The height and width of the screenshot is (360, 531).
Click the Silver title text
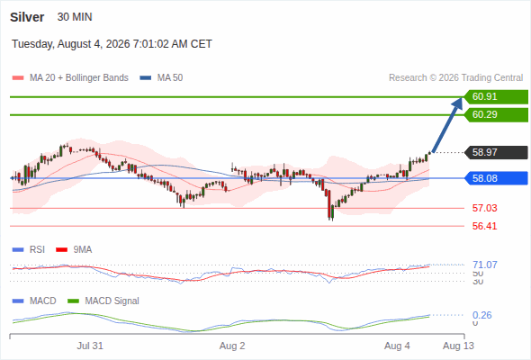pos(27,17)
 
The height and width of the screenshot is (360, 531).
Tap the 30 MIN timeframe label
pos(75,17)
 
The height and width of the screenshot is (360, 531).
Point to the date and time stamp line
pos(112,44)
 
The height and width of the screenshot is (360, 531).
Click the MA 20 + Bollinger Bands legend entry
pos(70,78)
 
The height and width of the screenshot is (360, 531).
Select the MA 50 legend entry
pos(161,78)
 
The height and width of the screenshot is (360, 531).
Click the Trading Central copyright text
pos(455,78)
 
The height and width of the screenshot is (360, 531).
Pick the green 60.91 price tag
pos(496,97)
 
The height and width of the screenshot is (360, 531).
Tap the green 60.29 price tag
pos(496,115)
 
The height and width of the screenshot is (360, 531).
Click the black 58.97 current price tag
pos(496,152)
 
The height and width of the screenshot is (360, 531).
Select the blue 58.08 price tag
pos(496,178)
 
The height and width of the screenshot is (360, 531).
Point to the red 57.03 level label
pos(484,208)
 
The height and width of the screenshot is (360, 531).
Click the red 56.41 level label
pos(484,226)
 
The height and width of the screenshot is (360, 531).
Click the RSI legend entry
pos(28,249)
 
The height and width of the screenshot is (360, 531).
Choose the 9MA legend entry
pos(74,249)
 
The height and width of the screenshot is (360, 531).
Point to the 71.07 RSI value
pos(485,265)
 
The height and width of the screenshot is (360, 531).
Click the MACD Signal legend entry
pos(103,301)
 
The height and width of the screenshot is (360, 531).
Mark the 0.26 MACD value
pos(481,315)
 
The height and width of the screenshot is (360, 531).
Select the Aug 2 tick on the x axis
pos(232,346)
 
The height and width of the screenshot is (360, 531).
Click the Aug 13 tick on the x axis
pos(458,346)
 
